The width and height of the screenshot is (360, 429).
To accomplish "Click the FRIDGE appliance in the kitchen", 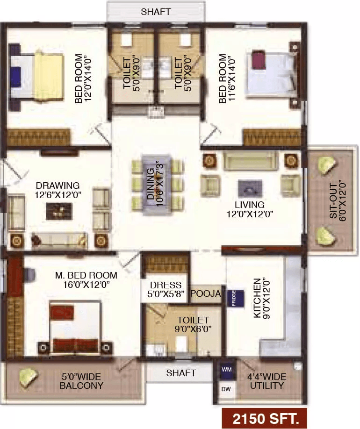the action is (235, 299).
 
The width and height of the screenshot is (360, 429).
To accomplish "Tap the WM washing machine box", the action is (227, 370).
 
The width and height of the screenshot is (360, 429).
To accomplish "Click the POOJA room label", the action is (206, 293).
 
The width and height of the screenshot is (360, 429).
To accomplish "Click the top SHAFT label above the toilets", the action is (156, 12).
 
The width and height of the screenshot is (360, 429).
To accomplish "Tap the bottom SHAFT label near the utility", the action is (181, 372).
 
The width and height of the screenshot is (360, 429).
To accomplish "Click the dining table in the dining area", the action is (157, 185).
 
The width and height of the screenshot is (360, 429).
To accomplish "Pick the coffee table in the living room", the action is (250, 188).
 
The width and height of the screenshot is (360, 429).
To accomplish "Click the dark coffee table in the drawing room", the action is (59, 211).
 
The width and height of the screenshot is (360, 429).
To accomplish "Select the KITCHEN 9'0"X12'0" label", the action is (261, 299).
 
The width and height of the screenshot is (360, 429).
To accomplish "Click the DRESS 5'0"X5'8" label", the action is (166, 289).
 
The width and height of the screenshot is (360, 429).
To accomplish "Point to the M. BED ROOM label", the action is (86, 275).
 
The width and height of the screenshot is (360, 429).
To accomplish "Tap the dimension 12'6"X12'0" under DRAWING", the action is (58, 195).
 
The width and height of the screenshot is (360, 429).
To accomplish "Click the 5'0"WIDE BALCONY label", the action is (81, 381).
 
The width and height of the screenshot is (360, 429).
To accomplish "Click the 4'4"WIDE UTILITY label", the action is (266, 381).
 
